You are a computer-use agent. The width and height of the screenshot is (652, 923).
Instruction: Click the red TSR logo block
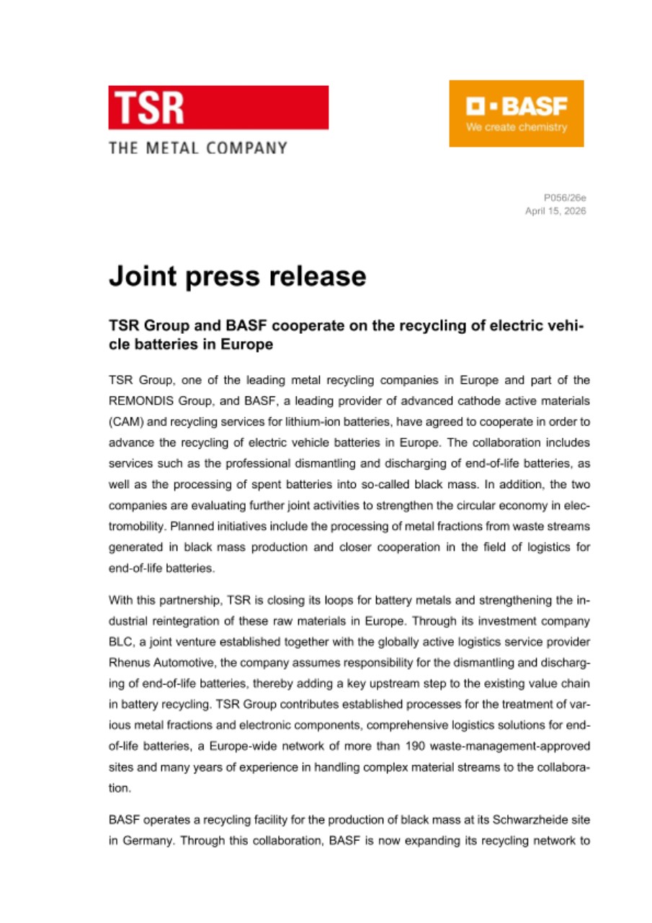tap(218, 107)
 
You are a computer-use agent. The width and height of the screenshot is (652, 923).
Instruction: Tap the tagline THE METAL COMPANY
tap(198, 149)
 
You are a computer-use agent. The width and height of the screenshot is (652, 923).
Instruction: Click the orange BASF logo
tap(516, 113)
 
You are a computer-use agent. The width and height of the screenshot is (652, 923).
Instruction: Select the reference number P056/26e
tap(565, 197)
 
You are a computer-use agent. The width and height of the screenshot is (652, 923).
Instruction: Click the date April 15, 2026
tap(555, 211)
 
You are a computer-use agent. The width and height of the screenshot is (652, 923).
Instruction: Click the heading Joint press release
tap(237, 276)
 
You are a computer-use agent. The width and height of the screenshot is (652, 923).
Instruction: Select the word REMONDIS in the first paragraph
tap(141, 399)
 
